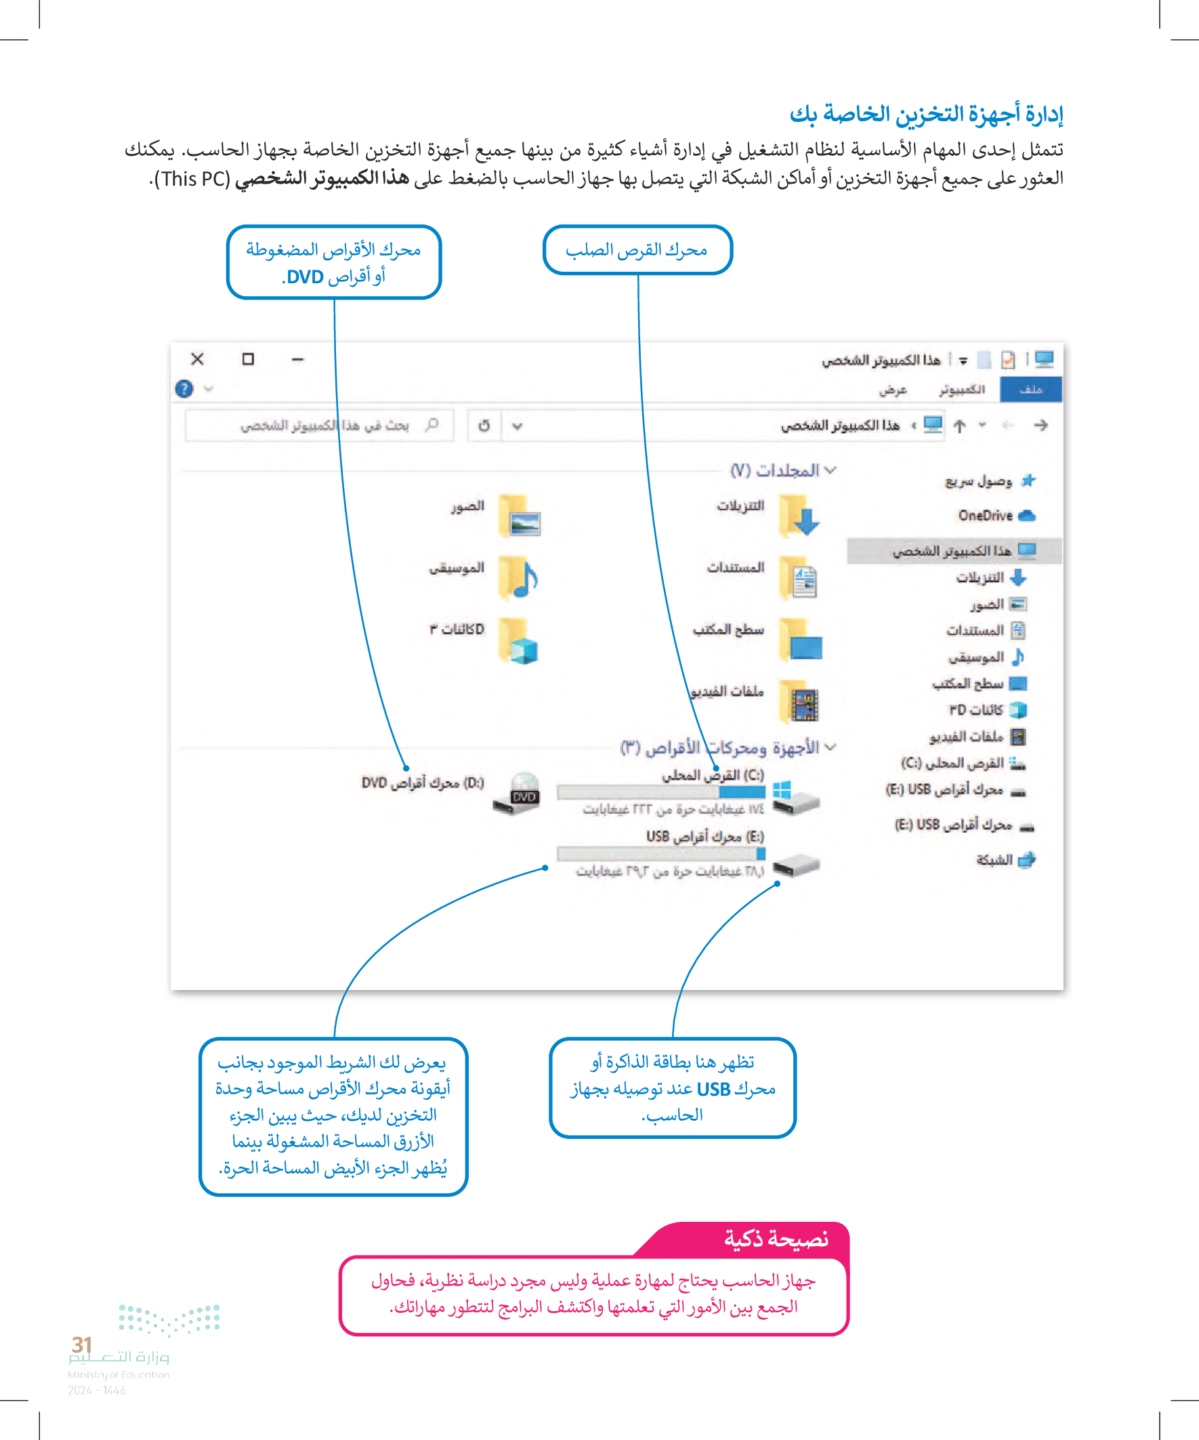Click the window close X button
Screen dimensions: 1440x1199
(197, 358)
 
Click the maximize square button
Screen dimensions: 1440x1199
(248, 358)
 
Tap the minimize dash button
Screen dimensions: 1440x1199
(297, 358)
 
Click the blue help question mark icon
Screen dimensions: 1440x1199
(184, 389)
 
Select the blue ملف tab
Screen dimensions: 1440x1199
(1030, 389)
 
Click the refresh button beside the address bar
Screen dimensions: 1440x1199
(484, 426)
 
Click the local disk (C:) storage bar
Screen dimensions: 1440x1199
(661, 792)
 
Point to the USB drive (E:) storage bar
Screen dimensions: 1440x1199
(661, 854)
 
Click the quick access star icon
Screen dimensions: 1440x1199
(1028, 480)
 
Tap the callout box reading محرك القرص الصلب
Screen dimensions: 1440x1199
(637, 250)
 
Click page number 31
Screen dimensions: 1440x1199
(81, 1344)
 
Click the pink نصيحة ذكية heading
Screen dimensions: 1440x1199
(776, 1239)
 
